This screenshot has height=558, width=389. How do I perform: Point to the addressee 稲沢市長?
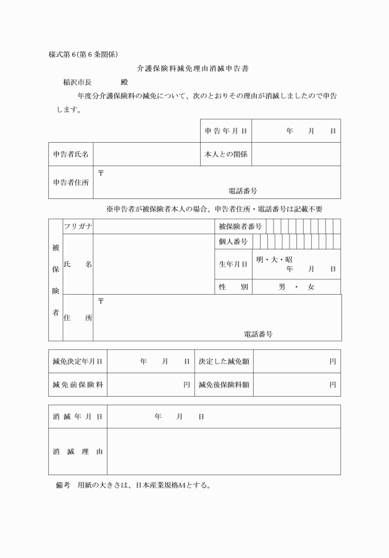tap(77, 82)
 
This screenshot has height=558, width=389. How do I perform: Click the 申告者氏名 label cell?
tap(70, 154)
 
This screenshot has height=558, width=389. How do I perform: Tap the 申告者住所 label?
tap(70, 182)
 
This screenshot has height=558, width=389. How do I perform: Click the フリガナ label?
tap(78, 227)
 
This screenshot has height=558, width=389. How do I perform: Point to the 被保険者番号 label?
tap(240, 227)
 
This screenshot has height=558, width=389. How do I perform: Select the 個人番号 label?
tap(233, 242)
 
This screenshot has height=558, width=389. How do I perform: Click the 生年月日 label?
tap(233, 264)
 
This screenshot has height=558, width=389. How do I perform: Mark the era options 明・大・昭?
tap(274, 260)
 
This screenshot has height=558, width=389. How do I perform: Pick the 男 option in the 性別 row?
tap(282, 287)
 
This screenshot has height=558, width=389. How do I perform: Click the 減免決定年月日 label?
tap(77, 361)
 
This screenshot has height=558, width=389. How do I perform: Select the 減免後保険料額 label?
tap(224, 384)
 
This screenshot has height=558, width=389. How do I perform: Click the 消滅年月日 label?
tap(77, 416)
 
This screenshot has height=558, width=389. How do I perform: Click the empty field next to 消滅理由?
tap(223, 451)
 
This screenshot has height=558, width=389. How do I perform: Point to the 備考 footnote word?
tap(64, 485)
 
